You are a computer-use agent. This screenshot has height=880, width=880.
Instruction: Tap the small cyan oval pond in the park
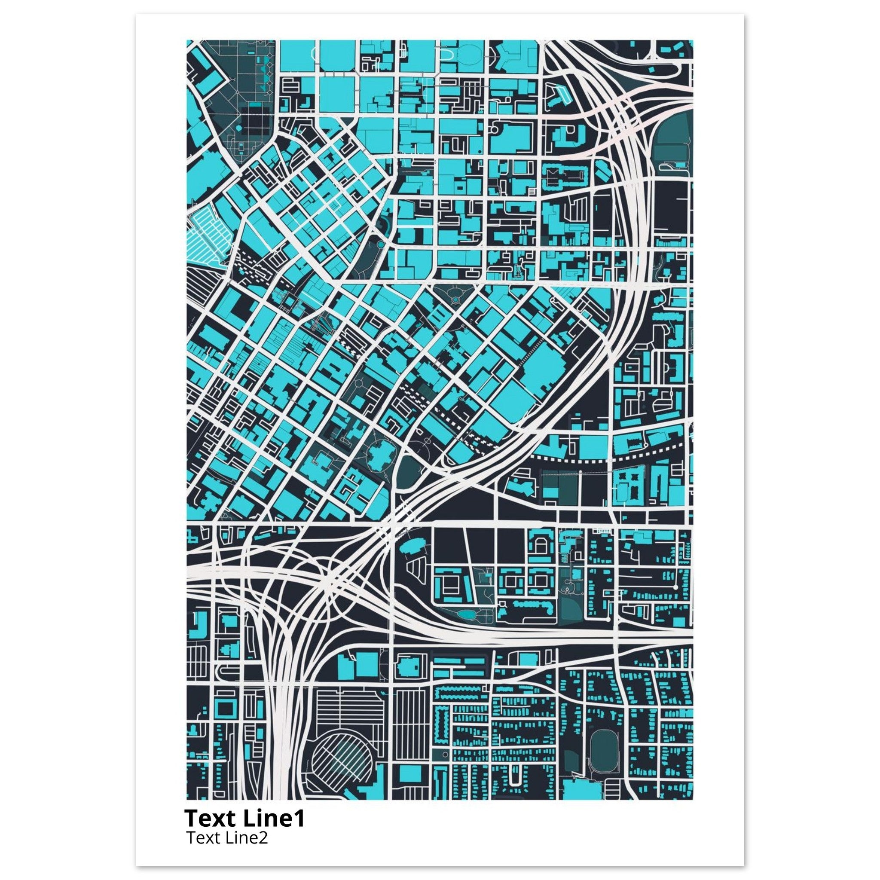[466, 615]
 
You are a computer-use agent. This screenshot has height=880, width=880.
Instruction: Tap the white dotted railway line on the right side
[606, 458]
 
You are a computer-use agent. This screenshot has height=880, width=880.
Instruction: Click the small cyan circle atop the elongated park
[381, 245]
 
